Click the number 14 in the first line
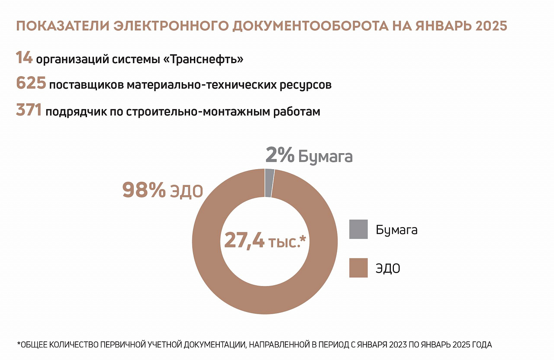point(24,58)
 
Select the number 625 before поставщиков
point(31,84)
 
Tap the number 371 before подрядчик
point(29,110)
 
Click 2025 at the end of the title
point(491,26)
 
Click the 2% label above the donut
point(280,155)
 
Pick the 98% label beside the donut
point(144,190)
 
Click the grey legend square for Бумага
point(358,229)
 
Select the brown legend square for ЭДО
point(358,268)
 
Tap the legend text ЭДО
point(388,268)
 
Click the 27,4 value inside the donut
point(244,240)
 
